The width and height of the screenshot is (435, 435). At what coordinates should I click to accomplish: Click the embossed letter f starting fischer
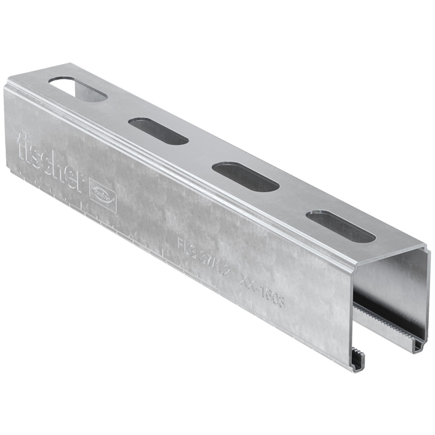click(x=22, y=146)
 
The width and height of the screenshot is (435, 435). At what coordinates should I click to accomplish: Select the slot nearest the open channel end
click(x=340, y=226)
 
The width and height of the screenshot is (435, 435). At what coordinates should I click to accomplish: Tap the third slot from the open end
click(x=158, y=131)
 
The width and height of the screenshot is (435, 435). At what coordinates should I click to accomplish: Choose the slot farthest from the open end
click(x=78, y=89)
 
